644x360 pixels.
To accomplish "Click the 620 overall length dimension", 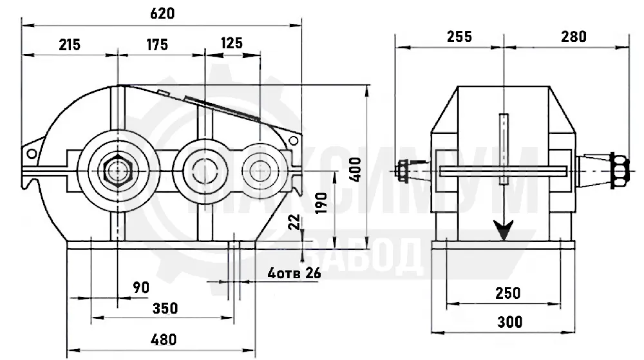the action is (x=162, y=14).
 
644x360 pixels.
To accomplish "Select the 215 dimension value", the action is (x=70, y=44).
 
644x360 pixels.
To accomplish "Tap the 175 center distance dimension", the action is (x=157, y=44).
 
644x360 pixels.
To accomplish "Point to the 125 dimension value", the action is (x=232, y=43).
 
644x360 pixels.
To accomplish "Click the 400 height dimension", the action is (x=356, y=169).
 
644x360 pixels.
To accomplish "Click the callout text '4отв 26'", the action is (x=294, y=274).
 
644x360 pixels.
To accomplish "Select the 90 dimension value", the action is (x=141, y=288).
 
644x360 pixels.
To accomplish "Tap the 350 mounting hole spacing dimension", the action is (x=165, y=308).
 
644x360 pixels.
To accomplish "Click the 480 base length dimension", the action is (x=164, y=340).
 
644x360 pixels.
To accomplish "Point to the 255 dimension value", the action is (x=460, y=37).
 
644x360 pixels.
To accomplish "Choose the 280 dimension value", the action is (x=574, y=37).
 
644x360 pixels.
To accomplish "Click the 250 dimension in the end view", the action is (x=508, y=293).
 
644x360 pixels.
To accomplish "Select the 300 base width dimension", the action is (x=509, y=322).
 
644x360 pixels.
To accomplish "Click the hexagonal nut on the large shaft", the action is (x=117, y=171).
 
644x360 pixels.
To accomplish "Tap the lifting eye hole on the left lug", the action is (x=32, y=154).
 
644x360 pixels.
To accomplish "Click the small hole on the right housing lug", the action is (x=293, y=141).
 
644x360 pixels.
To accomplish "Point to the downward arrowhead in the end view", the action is (x=504, y=231).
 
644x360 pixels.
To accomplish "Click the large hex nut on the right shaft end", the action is (x=620, y=171).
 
